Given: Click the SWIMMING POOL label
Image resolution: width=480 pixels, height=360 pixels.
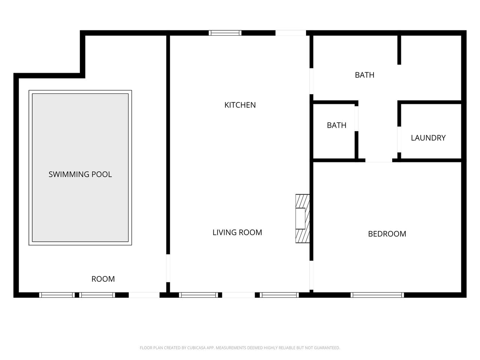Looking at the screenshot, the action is click(x=80, y=174).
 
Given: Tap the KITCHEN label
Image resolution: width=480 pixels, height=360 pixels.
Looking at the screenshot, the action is click(x=240, y=105).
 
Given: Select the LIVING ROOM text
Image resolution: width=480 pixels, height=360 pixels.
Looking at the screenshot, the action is click(x=237, y=232).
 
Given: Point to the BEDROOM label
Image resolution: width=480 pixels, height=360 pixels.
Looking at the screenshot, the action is click(x=387, y=234).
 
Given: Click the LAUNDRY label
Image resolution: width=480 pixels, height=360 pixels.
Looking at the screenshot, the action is click(x=428, y=138).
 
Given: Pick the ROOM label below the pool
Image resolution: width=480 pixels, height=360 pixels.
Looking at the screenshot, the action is click(x=103, y=279).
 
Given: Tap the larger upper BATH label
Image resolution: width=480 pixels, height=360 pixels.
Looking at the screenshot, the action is click(x=364, y=75).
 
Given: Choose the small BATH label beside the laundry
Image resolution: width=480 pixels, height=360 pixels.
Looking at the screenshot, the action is click(x=336, y=125).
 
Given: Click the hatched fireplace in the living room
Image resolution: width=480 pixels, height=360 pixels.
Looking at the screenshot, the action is click(x=303, y=219).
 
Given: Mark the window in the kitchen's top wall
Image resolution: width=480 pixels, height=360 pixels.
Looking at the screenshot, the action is click(x=225, y=33).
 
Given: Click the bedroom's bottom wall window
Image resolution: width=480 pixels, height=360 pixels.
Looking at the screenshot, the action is click(x=377, y=295).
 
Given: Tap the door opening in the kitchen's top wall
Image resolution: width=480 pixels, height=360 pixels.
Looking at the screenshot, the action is click(x=291, y=33).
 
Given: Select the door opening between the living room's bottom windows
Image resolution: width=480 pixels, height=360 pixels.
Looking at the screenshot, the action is click(x=238, y=295).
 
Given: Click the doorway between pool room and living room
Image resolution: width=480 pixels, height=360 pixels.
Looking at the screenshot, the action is click(x=168, y=268).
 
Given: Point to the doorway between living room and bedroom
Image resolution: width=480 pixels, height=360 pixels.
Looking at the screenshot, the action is click(x=311, y=275).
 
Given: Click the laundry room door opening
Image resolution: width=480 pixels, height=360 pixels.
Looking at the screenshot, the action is click(x=399, y=139).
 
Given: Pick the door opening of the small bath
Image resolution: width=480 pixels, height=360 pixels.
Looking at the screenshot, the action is click(x=357, y=119).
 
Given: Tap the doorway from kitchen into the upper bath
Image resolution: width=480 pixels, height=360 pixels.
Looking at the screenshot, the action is click(x=311, y=81).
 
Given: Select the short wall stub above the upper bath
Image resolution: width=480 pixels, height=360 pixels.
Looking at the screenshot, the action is click(x=399, y=50).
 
